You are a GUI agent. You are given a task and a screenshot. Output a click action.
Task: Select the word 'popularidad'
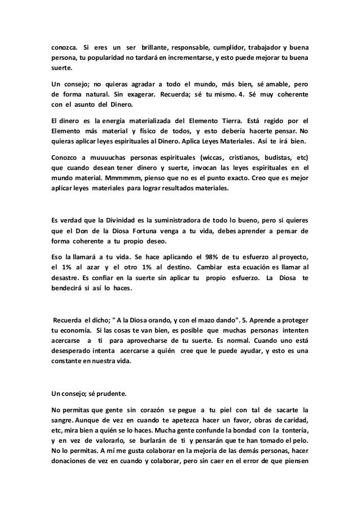pos(96,59)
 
